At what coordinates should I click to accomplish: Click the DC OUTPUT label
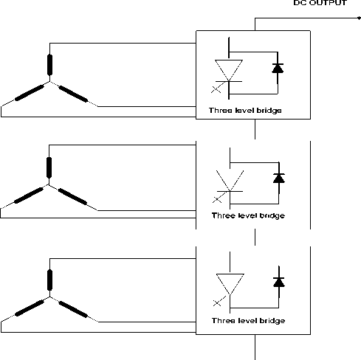coord(320,3)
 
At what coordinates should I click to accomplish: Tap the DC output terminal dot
coord(359,18)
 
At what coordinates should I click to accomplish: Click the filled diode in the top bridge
coord(278,68)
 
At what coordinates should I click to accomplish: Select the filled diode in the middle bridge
coord(279,178)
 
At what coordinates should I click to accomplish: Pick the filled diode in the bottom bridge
coord(279,283)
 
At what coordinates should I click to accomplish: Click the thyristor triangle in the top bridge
coord(229,70)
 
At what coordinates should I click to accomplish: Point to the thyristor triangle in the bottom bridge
coord(230,284)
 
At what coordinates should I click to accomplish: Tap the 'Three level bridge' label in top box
coord(245,111)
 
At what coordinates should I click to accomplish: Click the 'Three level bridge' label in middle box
coord(248,215)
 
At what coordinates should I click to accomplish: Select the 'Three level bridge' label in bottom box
coord(248,321)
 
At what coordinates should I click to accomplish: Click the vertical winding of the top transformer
coord(49,65)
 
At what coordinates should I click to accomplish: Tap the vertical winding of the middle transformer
coord(49,167)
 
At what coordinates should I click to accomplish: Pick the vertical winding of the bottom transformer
coord(49,280)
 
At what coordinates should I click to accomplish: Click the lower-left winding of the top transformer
coord(30,93)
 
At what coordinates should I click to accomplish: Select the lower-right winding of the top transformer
coord(73,94)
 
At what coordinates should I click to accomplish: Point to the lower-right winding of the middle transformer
coord(72,197)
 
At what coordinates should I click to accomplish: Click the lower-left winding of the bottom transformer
coord(30,308)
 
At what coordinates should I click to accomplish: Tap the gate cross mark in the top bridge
coord(216,89)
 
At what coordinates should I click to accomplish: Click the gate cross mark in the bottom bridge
coord(217,303)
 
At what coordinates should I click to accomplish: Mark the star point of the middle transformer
coord(49,185)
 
